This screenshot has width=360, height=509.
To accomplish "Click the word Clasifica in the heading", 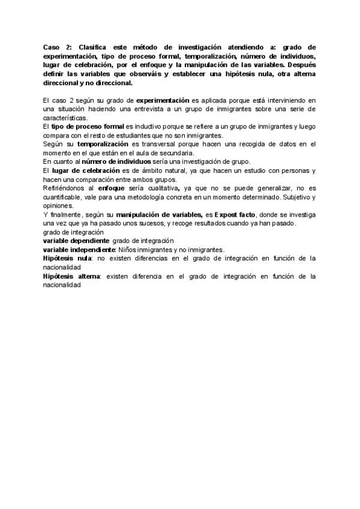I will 89,47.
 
